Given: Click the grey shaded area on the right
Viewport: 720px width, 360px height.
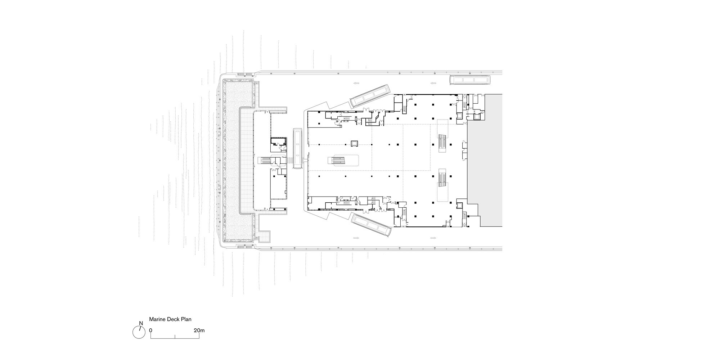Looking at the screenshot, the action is pyautogui.click(x=485, y=161).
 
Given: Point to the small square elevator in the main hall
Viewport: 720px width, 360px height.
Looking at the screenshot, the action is pyautogui.click(x=354, y=143).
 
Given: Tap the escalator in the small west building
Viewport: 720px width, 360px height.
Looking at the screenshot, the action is pyautogui.click(x=266, y=159).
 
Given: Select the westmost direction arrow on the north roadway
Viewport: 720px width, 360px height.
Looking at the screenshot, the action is pyautogui.click(x=356, y=84).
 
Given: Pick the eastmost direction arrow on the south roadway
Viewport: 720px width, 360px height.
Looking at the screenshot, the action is pyautogui.click(x=433, y=238).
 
